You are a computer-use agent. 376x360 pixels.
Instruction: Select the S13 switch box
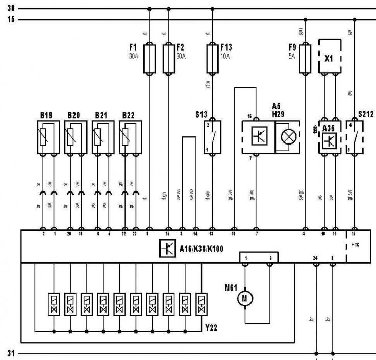click(x=212, y=136)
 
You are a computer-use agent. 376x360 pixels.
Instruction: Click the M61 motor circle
click(x=245, y=298)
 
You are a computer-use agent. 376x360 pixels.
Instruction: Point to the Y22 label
click(x=211, y=328)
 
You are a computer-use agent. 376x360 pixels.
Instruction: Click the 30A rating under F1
click(x=133, y=57)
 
